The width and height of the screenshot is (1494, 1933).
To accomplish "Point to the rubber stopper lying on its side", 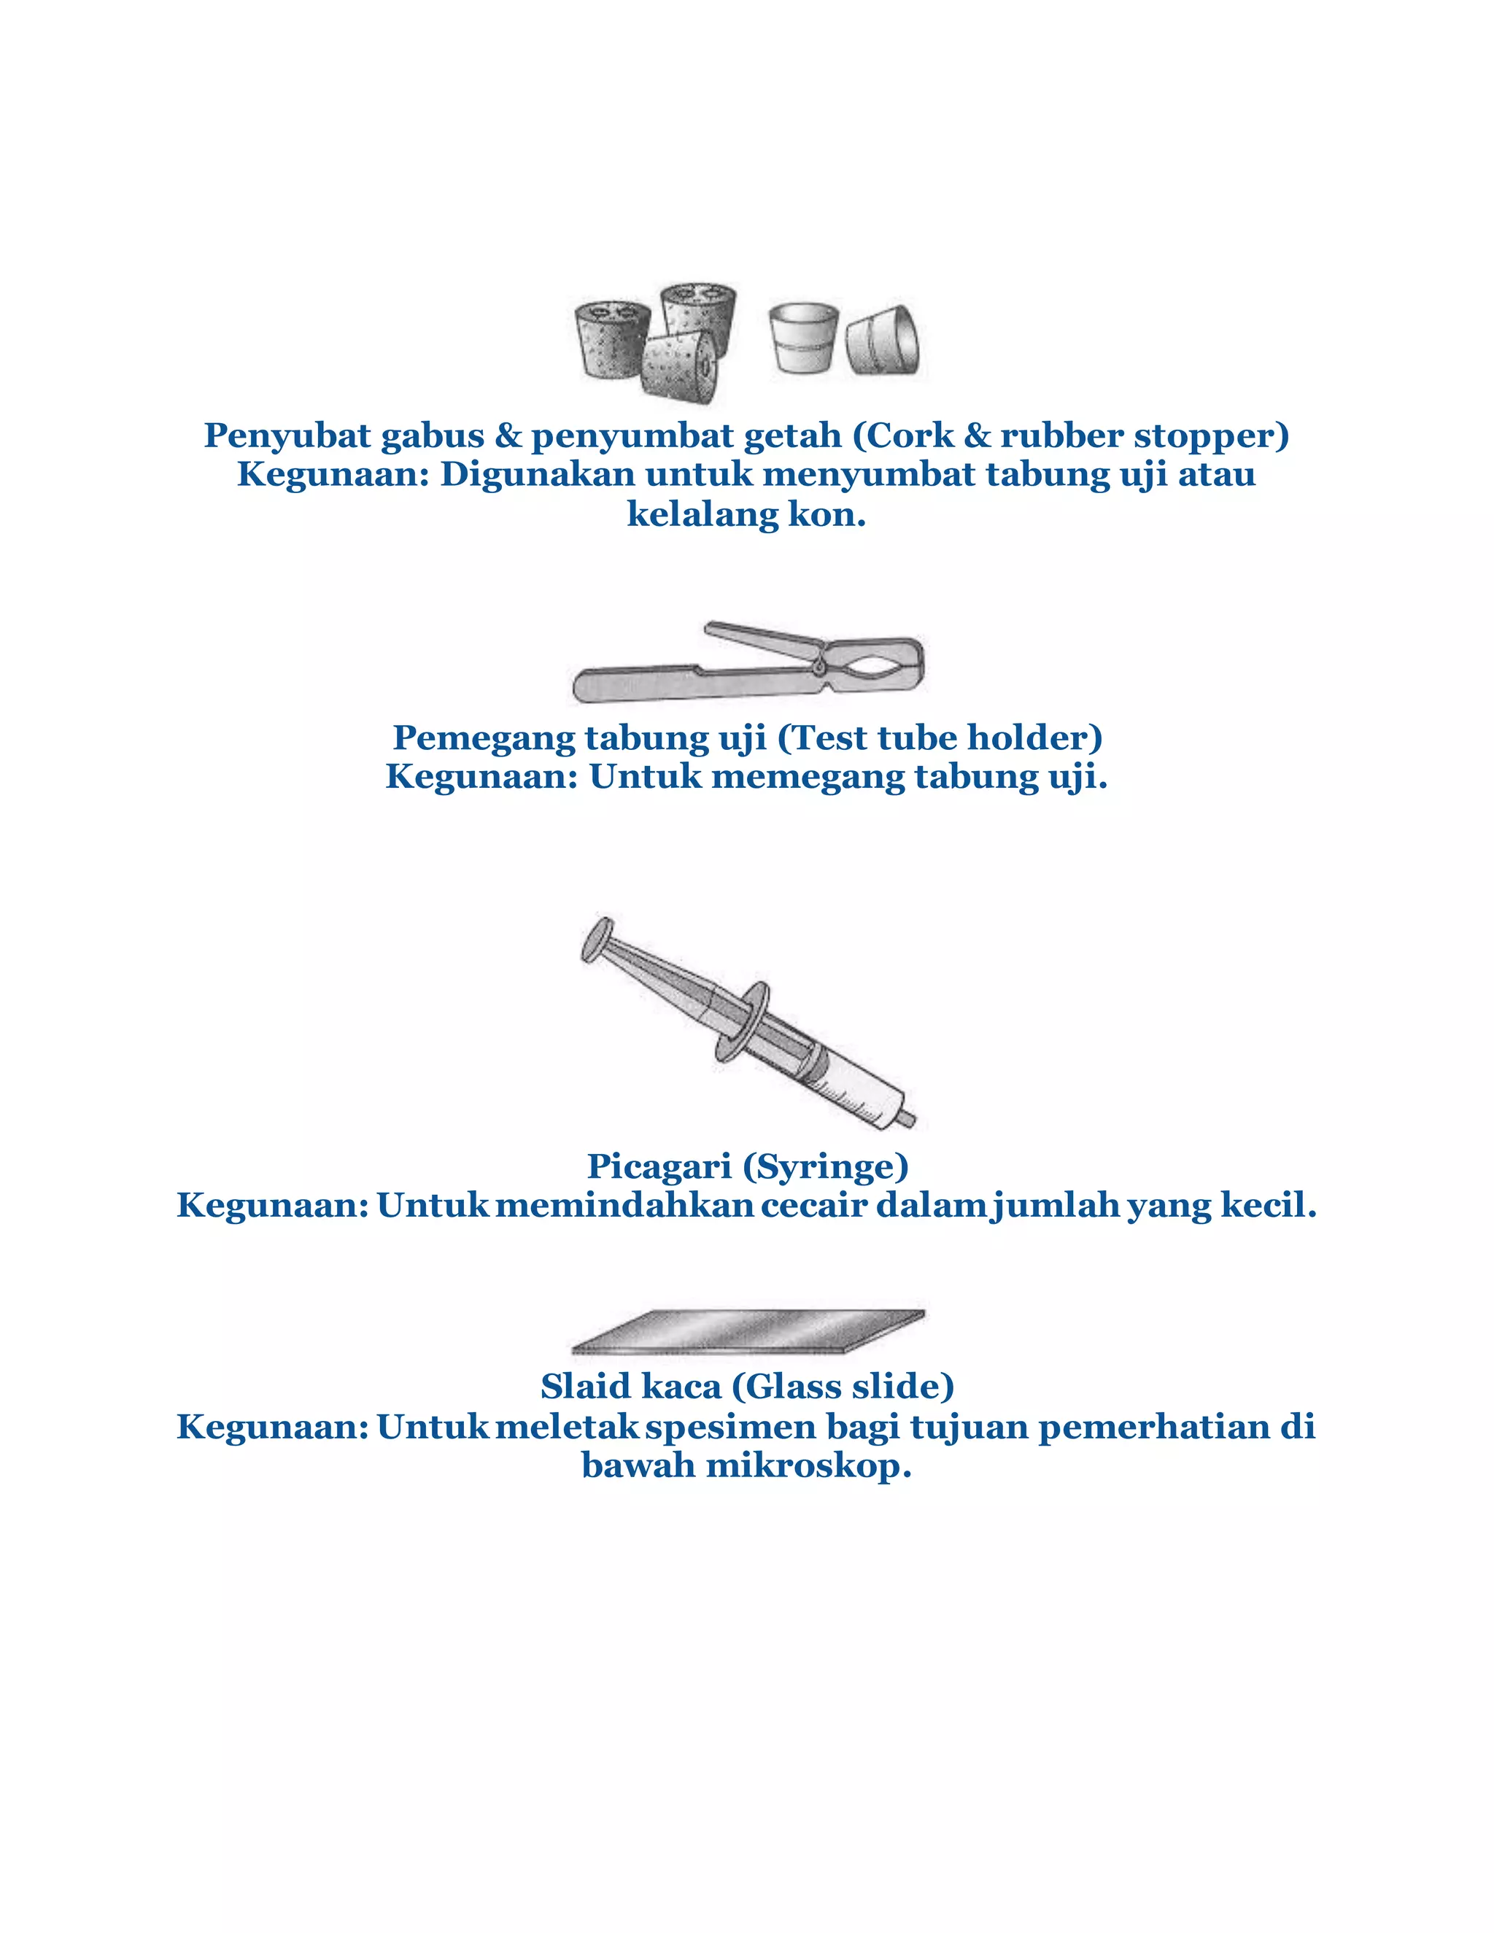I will click(x=883, y=341).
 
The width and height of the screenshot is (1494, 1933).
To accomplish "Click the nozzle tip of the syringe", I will click(x=907, y=1119).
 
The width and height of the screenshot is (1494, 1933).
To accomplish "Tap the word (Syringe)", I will click(x=825, y=1166).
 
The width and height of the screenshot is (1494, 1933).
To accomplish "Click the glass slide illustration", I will click(x=748, y=1330).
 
